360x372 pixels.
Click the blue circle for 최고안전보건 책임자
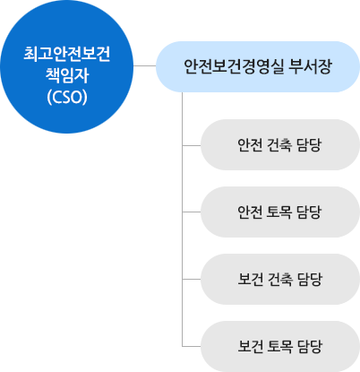pyautogui.click(x=66, y=66)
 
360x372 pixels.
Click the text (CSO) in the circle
pyautogui.click(x=67, y=97)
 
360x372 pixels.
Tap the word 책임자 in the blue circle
pyautogui.click(x=67, y=75)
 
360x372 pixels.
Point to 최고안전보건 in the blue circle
pyautogui.click(x=67, y=54)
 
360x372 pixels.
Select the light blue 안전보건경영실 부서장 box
pyautogui.click(x=258, y=66)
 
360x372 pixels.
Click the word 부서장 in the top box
pyautogui.click(x=310, y=66)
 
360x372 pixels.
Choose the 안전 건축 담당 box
pyautogui.click(x=280, y=145)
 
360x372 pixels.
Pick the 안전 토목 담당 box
pyautogui.click(x=280, y=212)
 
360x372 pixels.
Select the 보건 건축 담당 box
pyautogui.click(x=280, y=280)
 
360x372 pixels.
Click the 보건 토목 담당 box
pyautogui.click(x=280, y=347)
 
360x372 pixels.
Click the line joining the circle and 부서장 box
pyautogui.click(x=145, y=65)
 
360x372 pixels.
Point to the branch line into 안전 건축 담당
pyautogui.click(x=192, y=145)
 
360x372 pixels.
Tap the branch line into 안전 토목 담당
pyautogui.click(x=192, y=212)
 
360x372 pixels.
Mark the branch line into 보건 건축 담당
pyautogui.click(x=192, y=279)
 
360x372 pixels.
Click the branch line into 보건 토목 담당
pyautogui.click(x=192, y=346)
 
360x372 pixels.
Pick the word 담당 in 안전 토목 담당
pyautogui.click(x=309, y=212)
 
